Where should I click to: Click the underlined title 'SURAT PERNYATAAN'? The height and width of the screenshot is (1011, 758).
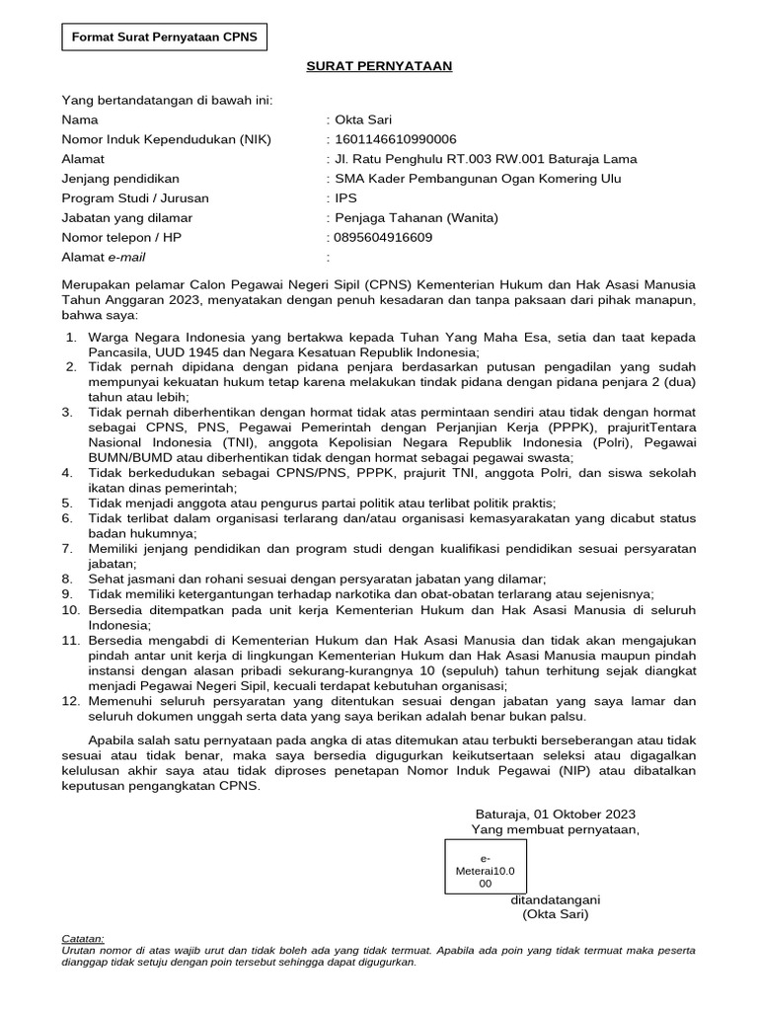click(378, 66)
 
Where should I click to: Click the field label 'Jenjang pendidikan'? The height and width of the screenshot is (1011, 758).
click(120, 179)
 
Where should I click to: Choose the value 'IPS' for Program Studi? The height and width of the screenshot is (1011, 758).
click(346, 198)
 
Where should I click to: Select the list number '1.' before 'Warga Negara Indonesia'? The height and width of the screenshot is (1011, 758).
click(71, 338)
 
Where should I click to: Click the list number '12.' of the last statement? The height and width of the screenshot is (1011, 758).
click(69, 701)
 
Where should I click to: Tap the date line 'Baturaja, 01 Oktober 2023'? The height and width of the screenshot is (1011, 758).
click(556, 815)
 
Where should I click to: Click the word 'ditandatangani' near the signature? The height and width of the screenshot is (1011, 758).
click(556, 900)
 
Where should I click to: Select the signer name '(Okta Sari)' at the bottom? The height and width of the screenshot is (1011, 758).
click(555, 915)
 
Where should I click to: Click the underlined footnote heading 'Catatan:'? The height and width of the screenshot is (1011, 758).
click(82, 939)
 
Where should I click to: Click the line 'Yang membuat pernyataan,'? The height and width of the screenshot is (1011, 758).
click(555, 829)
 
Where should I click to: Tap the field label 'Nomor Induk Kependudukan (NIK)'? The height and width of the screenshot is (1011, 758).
click(166, 139)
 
